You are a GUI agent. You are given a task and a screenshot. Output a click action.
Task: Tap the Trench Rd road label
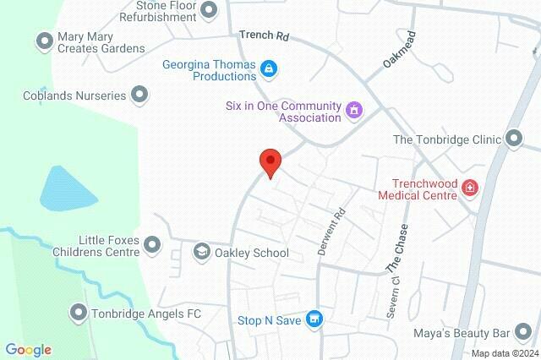(x=264, y=35)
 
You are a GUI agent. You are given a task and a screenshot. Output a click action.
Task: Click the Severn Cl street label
(x=393, y=297)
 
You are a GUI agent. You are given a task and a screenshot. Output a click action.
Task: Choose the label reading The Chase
(x=396, y=251)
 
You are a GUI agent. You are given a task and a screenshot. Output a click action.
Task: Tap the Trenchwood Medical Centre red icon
(x=469, y=188)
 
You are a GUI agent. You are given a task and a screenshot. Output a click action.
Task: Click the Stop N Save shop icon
(x=314, y=319)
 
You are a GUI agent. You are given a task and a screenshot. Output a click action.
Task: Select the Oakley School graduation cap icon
(x=201, y=252)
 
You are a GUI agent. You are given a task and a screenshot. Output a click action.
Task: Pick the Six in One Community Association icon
(x=353, y=109)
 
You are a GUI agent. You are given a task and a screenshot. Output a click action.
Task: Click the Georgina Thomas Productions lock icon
(x=268, y=68)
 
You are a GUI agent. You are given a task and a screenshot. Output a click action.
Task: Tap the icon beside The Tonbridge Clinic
(x=513, y=139)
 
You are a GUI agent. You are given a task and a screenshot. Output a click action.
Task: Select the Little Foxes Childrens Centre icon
(x=152, y=245)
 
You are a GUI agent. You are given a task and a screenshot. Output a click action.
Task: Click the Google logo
(x=28, y=350)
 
